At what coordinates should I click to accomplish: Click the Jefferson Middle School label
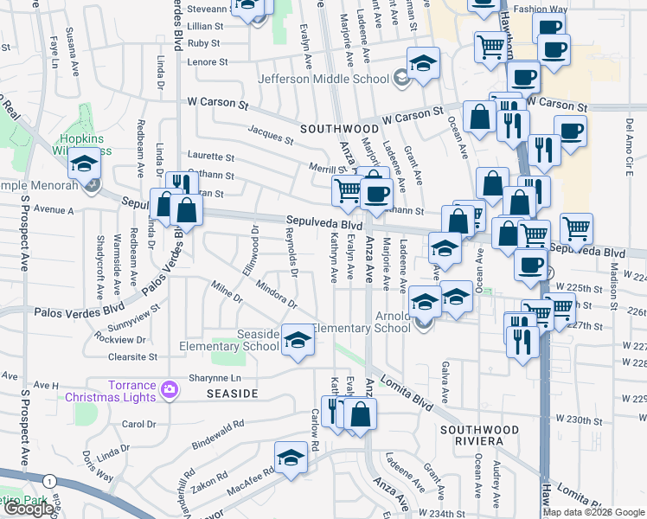[324, 80]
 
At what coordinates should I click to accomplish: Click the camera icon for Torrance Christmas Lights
[169, 391]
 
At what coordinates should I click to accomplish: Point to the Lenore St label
[208, 62]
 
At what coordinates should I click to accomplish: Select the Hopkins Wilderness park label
[85, 144]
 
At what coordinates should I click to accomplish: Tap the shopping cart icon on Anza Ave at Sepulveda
[348, 189]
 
